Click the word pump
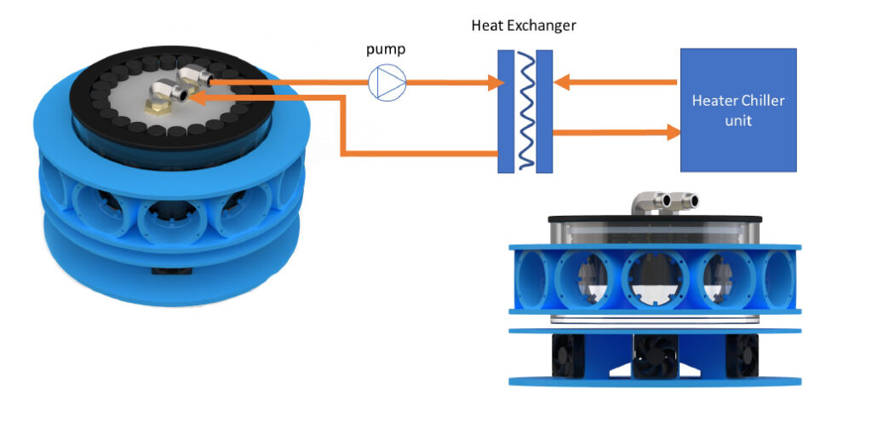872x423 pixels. click(387, 50)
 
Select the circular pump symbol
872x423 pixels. click(387, 83)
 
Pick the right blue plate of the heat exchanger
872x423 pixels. click(544, 110)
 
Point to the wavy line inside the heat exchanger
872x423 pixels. click(525, 110)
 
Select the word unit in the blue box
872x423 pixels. click(737, 120)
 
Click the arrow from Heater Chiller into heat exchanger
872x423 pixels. click(613, 83)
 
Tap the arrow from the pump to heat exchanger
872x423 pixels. click(451, 83)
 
